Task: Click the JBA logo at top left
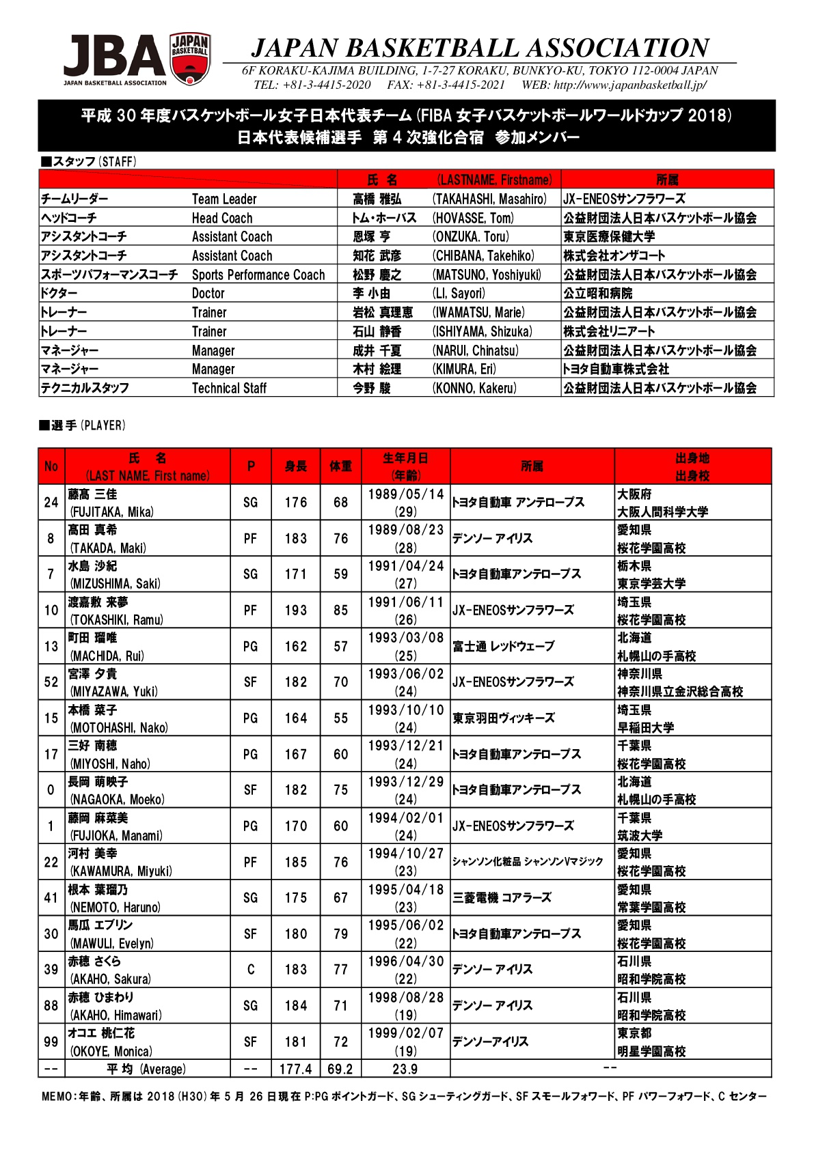pyautogui.click(x=137, y=60)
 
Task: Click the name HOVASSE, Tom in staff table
pyautogui.click(x=473, y=218)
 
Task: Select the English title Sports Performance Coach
pyautogui.click(x=258, y=275)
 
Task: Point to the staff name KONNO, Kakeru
pyautogui.click(x=474, y=388)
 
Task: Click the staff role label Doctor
pyautogui.click(x=208, y=294)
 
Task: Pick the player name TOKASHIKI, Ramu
pyautogui.click(x=116, y=620)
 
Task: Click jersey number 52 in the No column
pyautogui.click(x=51, y=682)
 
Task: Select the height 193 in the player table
pyautogui.click(x=296, y=611)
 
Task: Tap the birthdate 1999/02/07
pyautogui.click(x=405, y=1033)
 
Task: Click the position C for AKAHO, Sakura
pyautogui.click(x=251, y=970)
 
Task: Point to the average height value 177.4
pyautogui.click(x=296, y=1069)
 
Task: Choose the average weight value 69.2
pyautogui.click(x=340, y=1069)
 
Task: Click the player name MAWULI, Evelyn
pyautogui.click(x=111, y=944)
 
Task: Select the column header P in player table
pyautogui.click(x=251, y=466)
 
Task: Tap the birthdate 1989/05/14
pyautogui.click(x=405, y=494)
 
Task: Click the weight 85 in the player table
pyautogui.click(x=340, y=611)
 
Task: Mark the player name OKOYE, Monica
pyautogui.click(x=111, y=1052)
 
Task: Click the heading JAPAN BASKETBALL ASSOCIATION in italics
pyautogui.click(x=480, y=48)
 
